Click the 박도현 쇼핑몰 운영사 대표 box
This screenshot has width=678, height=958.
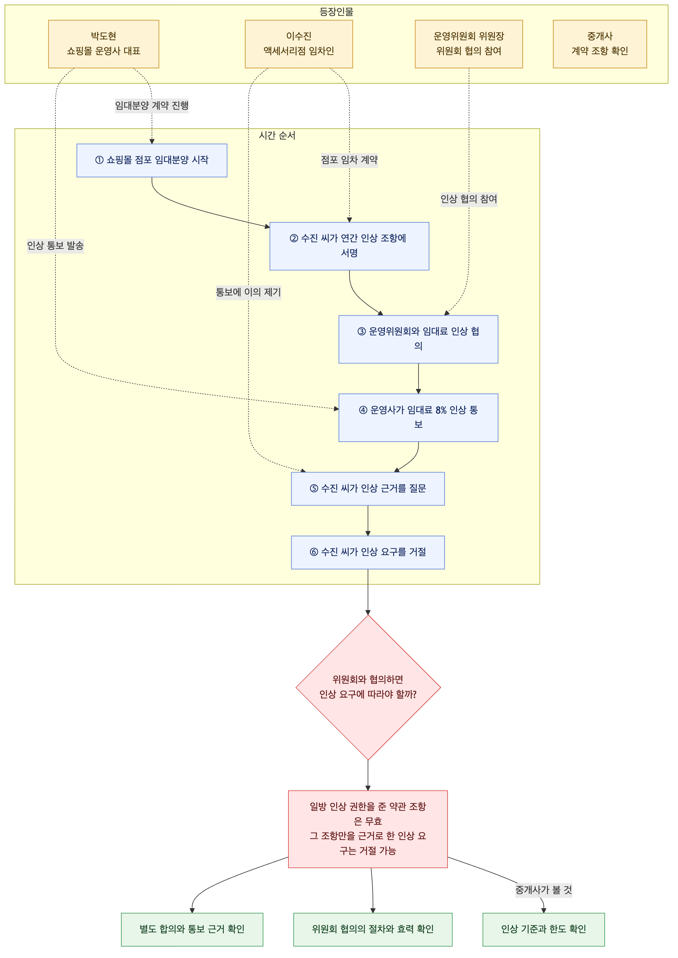click(104, 44)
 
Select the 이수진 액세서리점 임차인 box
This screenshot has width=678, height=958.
click(299, 44)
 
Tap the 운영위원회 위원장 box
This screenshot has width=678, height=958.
click(469, 44)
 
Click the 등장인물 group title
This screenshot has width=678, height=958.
click(337, 12)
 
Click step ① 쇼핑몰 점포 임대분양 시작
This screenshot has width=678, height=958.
click(152, 160)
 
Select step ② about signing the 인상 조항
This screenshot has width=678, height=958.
click(349, 246)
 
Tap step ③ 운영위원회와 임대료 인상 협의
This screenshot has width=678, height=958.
click(418, 339)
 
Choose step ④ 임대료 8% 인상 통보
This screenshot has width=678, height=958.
click(418, 417)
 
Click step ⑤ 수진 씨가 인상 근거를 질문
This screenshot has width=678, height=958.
click(368, 489)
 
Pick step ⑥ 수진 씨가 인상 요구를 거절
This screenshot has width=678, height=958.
click(368, 552)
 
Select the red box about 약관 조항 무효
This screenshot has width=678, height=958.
click(368, 829)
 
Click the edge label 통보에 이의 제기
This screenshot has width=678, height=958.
click(248, 292)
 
